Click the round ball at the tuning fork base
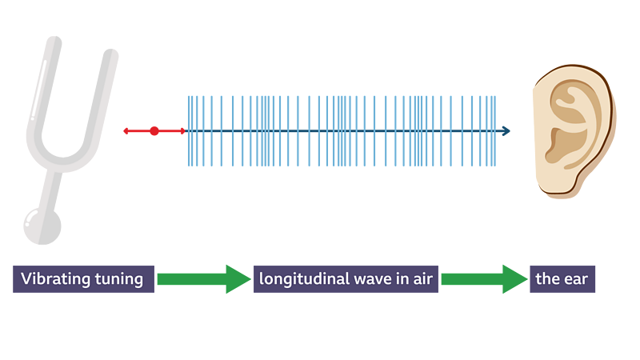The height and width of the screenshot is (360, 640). (x=42, y=226)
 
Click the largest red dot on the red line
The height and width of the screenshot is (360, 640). (x=154, y=130)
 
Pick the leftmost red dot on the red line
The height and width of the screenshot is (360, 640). (x=126, y=130)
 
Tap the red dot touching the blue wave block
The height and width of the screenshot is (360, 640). (x=182, y=130)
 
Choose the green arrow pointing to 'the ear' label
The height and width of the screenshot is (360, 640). (x=483, y=279)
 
